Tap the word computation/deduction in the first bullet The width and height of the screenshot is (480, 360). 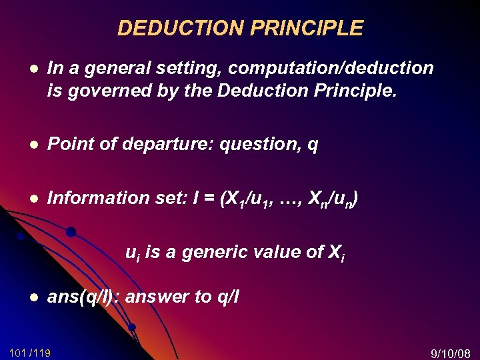tap(331, 69)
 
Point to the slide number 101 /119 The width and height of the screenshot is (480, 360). tap(30, 352)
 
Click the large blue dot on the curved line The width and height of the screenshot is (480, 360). tap(71, 232)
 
